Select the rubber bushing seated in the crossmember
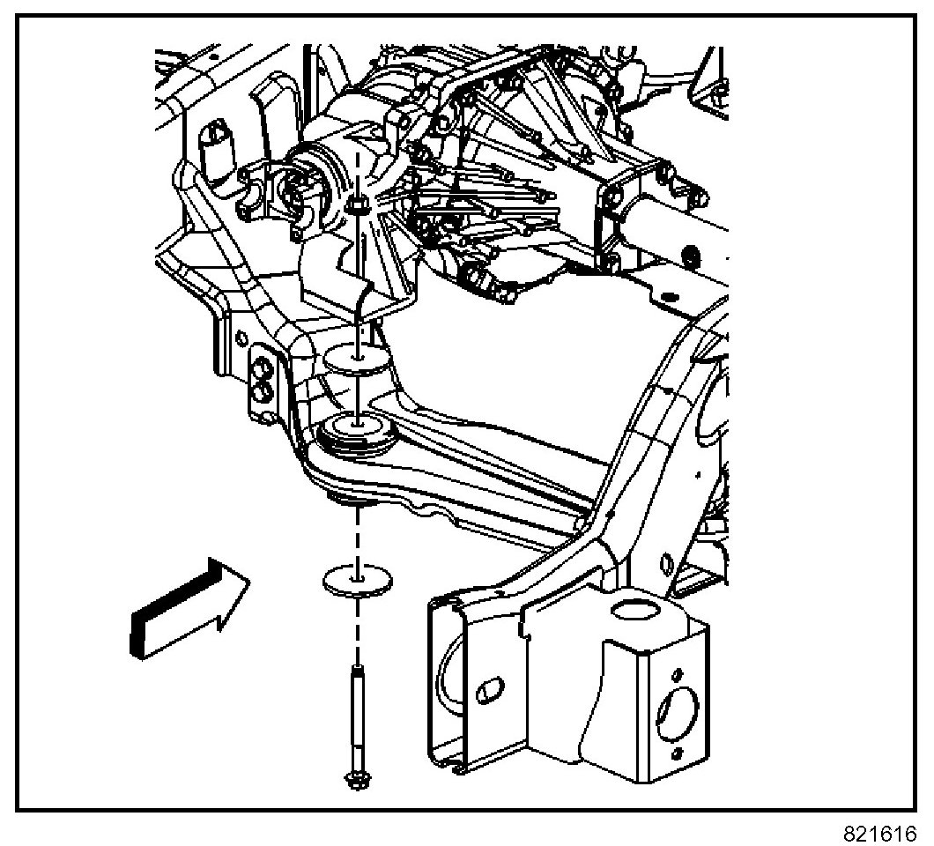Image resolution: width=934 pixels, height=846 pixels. pos(355,432)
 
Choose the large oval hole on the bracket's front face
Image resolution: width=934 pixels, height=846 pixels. pos(678,705)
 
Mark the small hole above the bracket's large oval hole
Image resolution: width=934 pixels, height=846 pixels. pos(678,667)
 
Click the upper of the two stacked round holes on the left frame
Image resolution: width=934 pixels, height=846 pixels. pos(261,364)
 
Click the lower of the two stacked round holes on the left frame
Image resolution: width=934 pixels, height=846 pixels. pos(262,389)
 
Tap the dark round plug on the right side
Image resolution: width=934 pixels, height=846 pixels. pos(691,256)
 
